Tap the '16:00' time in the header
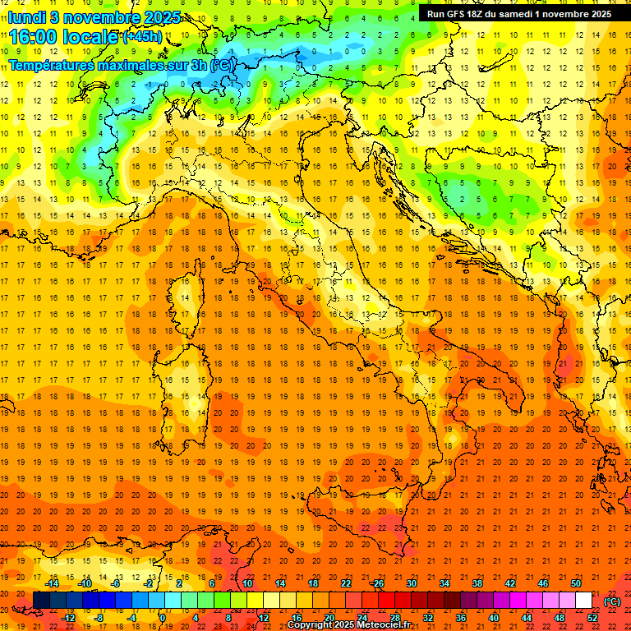(34, 37)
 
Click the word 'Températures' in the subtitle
(50, 65)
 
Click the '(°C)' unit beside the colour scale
(612, 601)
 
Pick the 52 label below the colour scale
(592, 618)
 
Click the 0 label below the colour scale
(163, 618)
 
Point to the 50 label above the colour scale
(576, 583)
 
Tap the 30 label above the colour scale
(411, 583)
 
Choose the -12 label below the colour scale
(68, 618)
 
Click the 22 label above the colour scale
(345, 583)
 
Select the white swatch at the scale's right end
(584, 601)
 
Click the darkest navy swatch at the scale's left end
(41, 601)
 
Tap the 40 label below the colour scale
(494, 618)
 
